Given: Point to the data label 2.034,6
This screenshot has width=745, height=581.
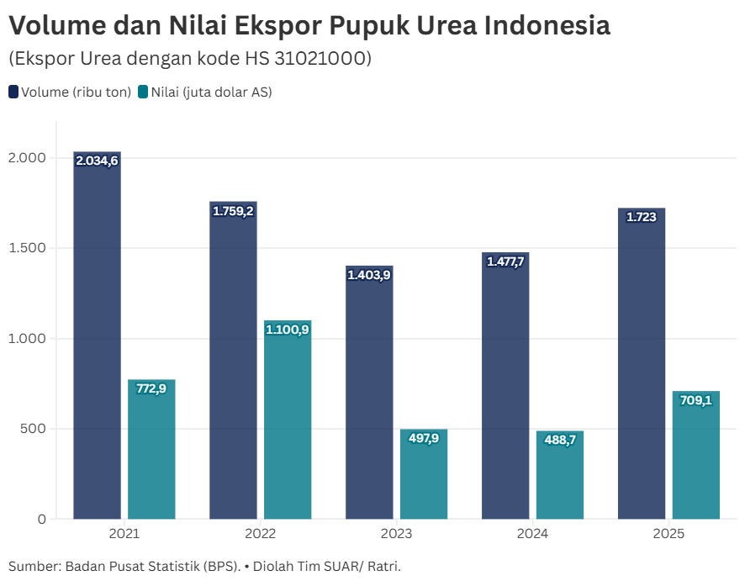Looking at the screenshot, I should click(x=97, y=161).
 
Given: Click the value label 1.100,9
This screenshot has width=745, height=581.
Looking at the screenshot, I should click(x=288, y=330).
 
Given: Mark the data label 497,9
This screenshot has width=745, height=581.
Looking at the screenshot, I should click(x=424, y=438).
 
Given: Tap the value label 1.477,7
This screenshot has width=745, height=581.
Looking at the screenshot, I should click(x=505, y=261).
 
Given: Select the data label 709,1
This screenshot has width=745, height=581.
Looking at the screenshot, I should click(x=696, y=400).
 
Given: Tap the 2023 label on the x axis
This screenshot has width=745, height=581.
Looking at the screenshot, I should click(x=396, y=534).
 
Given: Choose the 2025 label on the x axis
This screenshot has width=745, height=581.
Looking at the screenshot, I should click(x=668, y=534).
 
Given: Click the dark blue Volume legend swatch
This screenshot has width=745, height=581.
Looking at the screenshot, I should click(x=13, y=92).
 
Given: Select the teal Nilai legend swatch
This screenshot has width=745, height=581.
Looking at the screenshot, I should click(x=143, y=92).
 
